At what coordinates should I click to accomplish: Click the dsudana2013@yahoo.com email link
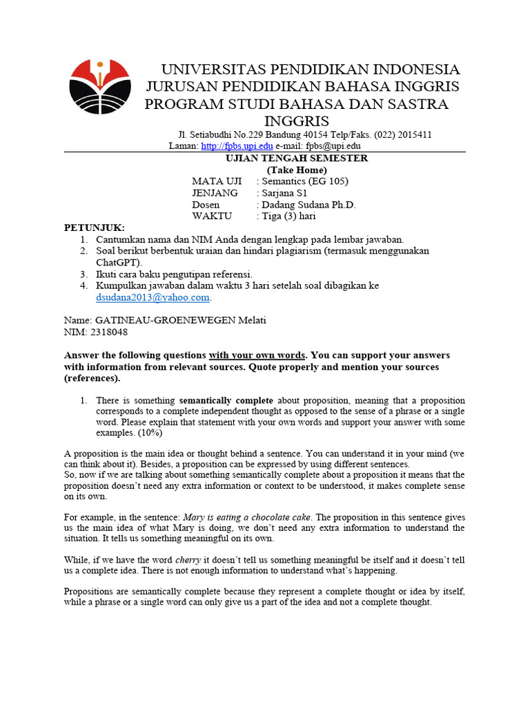153,297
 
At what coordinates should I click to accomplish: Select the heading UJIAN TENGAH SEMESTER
297,158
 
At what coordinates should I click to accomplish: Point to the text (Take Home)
297,170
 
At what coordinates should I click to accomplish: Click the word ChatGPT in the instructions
118,263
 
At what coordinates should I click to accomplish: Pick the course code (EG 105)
329,181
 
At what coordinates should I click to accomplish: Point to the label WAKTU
213,216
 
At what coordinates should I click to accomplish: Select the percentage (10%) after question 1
180,433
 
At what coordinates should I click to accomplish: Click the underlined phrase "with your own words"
257,356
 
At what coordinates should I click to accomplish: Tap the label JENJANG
215,193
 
